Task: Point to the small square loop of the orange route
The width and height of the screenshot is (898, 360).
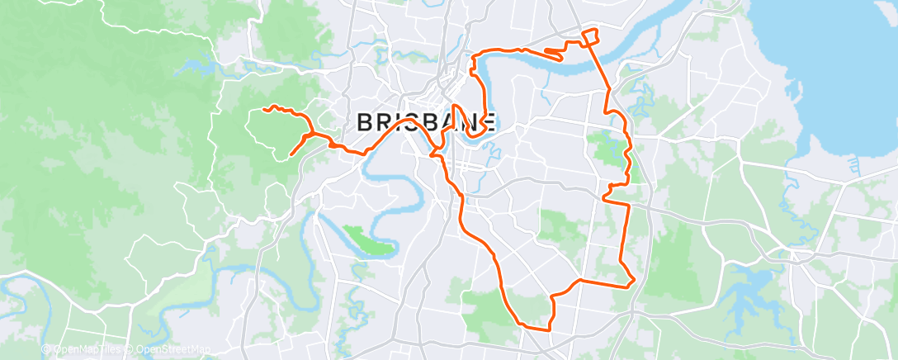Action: [x=589, y=36]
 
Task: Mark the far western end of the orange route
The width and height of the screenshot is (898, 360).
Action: [x=264, y=109]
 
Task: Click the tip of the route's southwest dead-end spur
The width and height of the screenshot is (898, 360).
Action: [x=291, y=154]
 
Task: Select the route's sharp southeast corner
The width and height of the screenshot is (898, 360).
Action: [x=633, y=282]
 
